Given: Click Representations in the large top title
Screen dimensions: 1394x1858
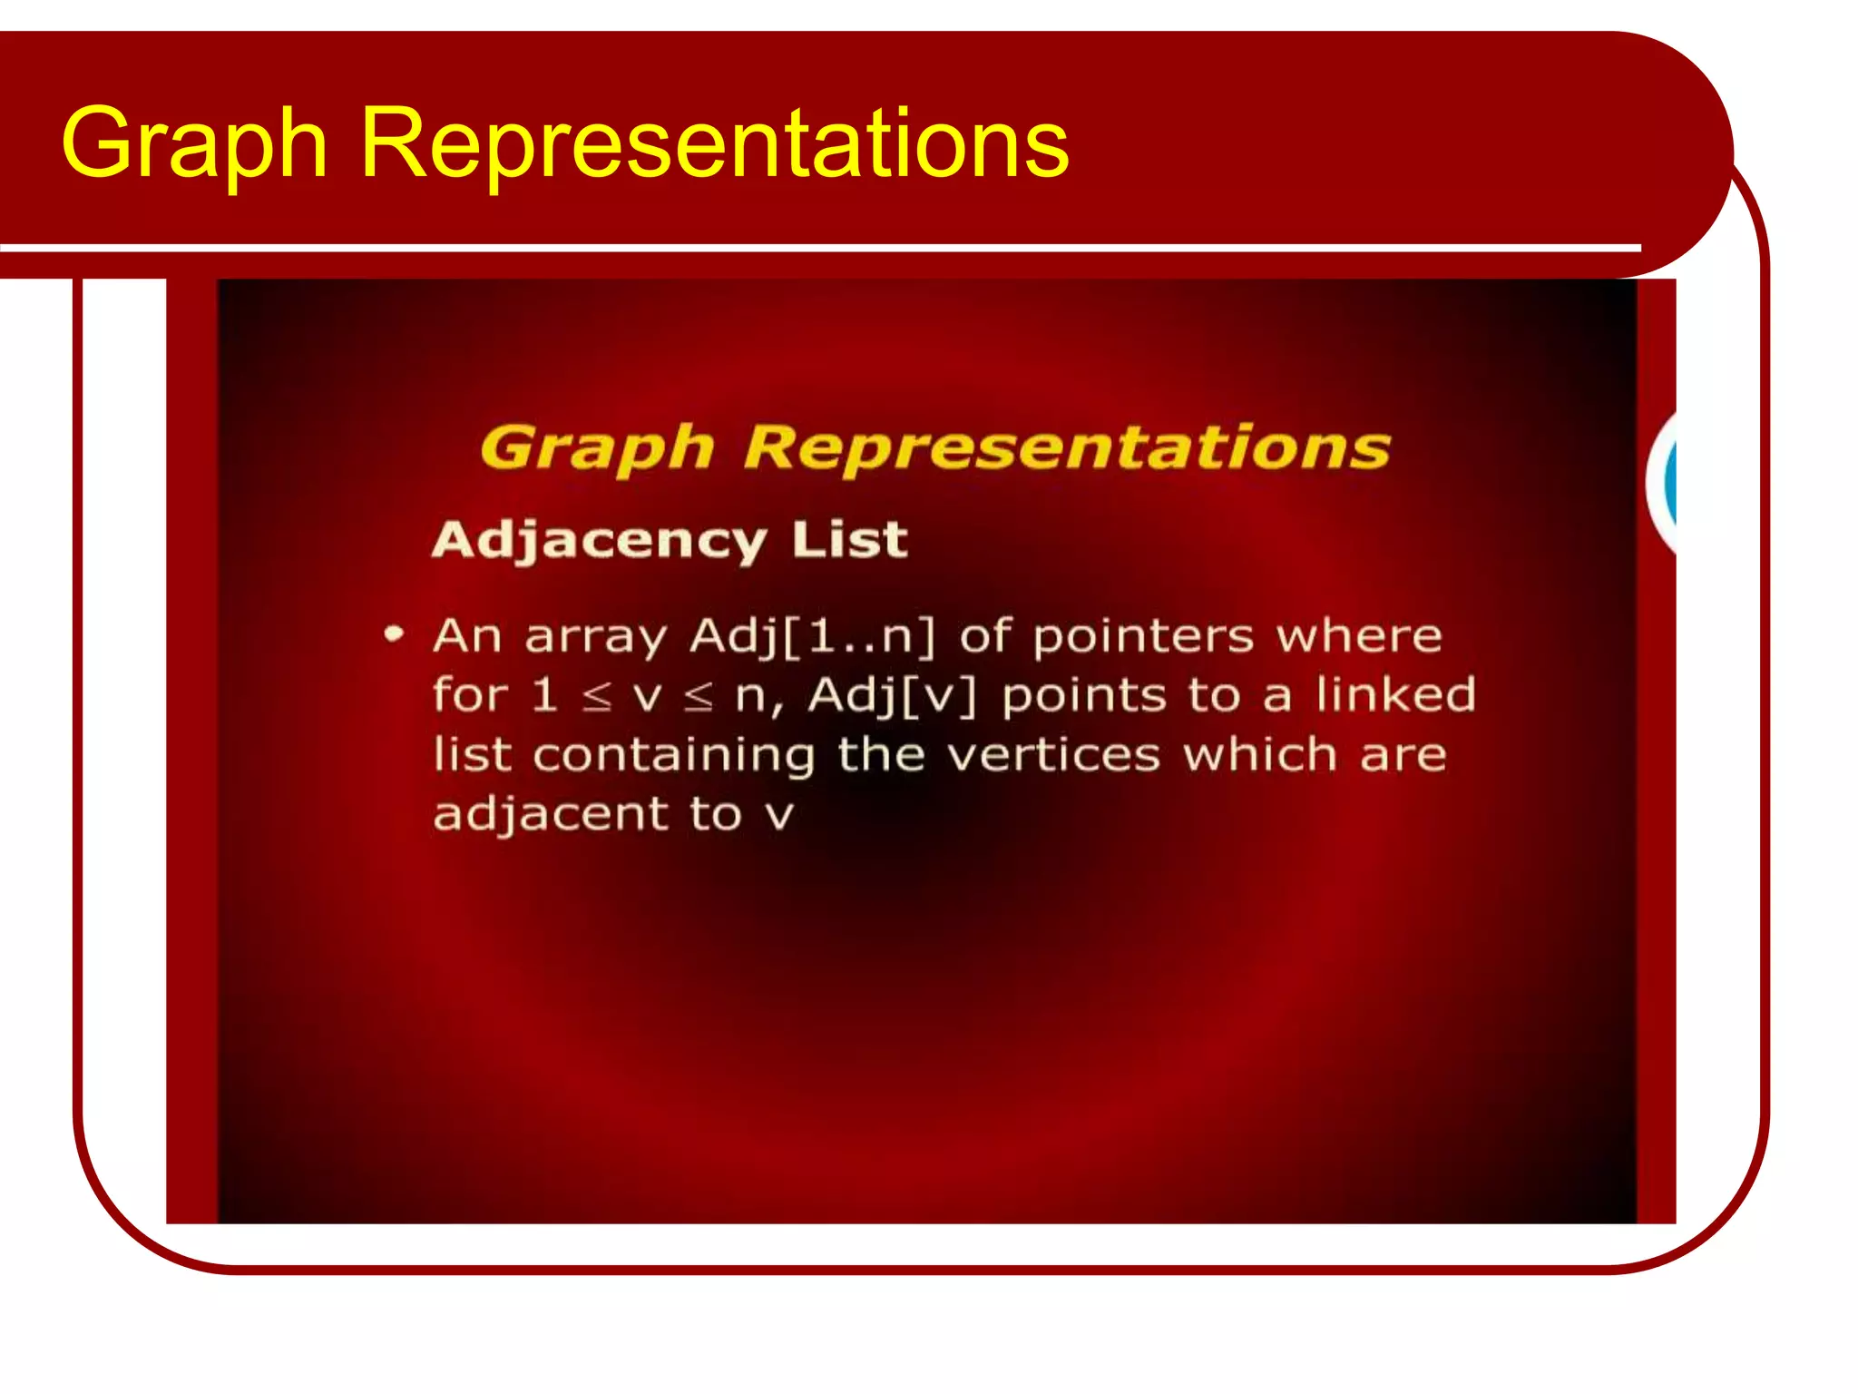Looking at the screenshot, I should click(714, 143).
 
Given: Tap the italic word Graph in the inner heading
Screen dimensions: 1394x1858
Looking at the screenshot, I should click(597, 448).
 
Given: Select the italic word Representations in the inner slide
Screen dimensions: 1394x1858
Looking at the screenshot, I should click(1067, 447).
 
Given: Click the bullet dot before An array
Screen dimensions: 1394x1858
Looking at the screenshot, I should click(393, 634).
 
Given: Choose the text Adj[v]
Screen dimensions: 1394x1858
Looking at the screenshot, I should click(893, 696).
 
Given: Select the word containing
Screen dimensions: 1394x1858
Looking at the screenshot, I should click(674, 755).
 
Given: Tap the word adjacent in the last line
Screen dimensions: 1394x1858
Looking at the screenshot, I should click(551, 814).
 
